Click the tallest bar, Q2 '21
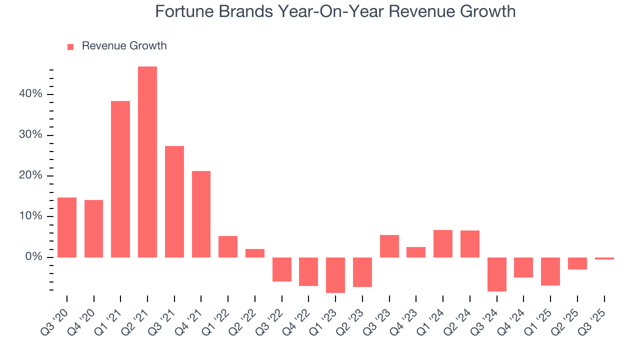(147, 162)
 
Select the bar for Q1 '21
(120, 179)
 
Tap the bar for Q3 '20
(67, 227)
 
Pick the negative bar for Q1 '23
(335, 275)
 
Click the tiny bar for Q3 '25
(604, 258)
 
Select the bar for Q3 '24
(497, 274)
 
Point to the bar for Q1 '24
(443, 243)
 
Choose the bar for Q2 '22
(255, 253)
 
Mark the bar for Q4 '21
(201, 214)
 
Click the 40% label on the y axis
(31, 94)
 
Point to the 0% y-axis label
(34, 257)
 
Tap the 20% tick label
(31, 176)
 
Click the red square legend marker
(70, 46)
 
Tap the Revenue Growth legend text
(124, 46)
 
